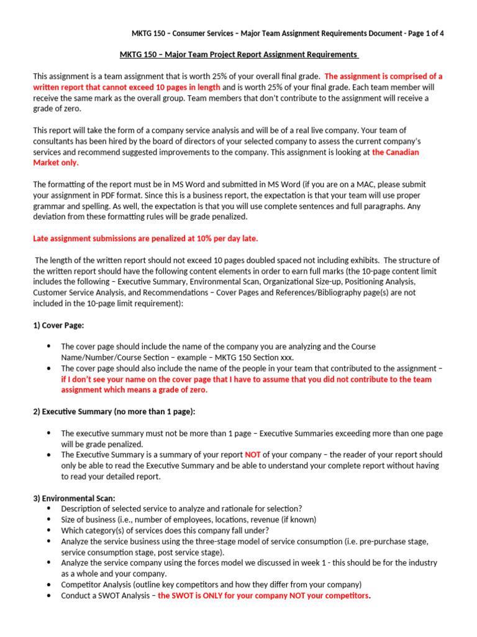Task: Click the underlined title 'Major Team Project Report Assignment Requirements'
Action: point(238,54)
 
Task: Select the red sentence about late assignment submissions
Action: point(145,238)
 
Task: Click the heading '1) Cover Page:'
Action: point(58,325)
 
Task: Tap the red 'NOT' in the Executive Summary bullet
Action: point(253,455)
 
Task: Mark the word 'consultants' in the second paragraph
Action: point(55,141)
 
